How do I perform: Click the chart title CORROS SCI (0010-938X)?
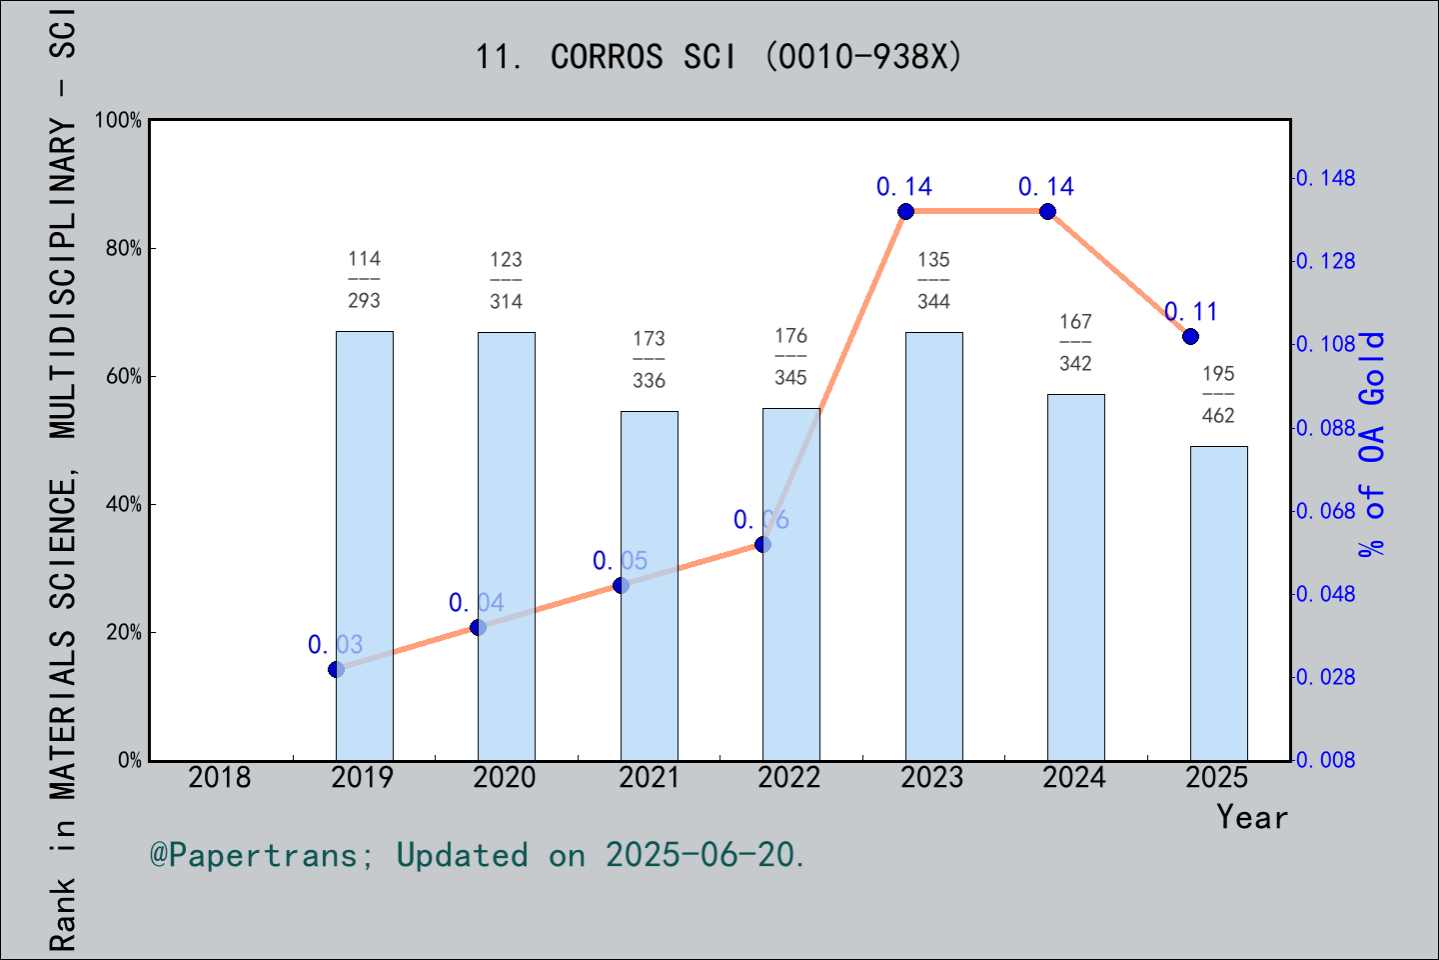click(719, 57)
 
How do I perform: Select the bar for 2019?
click(364, 545)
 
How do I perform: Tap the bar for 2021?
click(649, 585)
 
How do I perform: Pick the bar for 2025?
click(1218, 603)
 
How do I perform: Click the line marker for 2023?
click(905, 211)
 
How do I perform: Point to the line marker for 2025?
click(1190, 336)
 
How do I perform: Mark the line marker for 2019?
click(336, 669)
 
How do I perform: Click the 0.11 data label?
click(1191, 312)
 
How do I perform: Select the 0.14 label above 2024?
click(1046, 187)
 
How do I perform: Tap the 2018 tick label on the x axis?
click(220, 777)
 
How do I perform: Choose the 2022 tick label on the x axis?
click(789, 777)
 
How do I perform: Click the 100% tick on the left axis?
click(119, 120)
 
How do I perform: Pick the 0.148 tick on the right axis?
click(1327, 178)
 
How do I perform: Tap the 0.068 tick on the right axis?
click(1327, 511)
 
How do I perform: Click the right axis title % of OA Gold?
click(1372, 445)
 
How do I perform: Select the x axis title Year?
click(1252, 817)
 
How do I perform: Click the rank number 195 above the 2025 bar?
click(1218, 374)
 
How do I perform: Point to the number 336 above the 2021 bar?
click(649, 381)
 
